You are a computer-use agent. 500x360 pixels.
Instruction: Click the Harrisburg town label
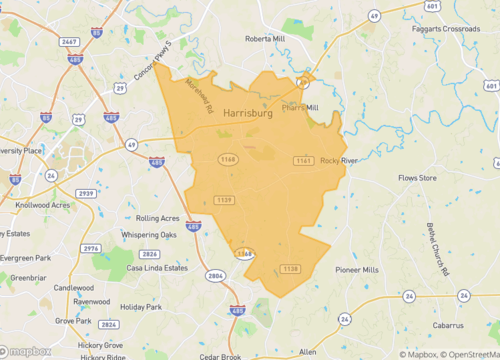click(248, 114)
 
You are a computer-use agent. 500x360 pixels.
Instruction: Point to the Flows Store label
click(418, 178)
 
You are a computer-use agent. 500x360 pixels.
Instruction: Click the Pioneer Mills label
click(357, 270)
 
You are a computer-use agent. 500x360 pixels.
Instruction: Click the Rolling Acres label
click(158, 217)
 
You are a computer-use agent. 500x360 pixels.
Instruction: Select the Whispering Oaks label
click(150, 235)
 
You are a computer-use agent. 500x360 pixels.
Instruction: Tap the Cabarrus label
click(449, 325)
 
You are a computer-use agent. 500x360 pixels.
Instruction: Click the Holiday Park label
click(140, 307)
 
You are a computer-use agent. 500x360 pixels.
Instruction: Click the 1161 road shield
click(303, 160)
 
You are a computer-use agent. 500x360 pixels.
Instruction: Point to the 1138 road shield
click(290, 269)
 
